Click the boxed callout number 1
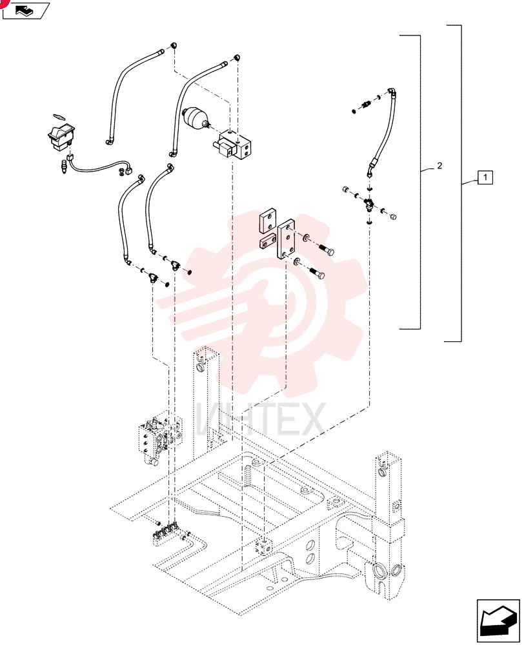pos(485,177)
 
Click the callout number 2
pos(439,165)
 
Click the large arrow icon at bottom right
pos(498,620)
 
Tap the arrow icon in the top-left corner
pos(26,10)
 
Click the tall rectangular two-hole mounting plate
pos(285,239)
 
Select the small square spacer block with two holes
pos(267,241)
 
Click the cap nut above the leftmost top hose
pos(174,45)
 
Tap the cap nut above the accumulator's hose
pos(237,57)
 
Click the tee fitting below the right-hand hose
pos(368,203)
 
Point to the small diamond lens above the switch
pos(59,116)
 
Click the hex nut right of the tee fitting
pos(393,215)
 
